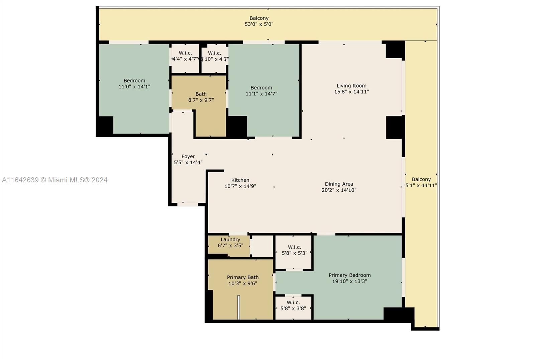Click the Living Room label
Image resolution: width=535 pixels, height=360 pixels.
tap(351, 86)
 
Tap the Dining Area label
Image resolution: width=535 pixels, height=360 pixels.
tap(339, 184)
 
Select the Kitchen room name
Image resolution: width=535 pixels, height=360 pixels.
tap(240, 180)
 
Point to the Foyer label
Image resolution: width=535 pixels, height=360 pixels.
tap(188, 157)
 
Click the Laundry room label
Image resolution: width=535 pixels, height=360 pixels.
tap(230, 239)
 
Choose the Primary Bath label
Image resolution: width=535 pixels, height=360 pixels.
tap(243, 277)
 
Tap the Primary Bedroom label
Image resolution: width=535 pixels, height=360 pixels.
tap(349, 275)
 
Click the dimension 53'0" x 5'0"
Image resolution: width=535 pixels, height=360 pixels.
tap(259, 24)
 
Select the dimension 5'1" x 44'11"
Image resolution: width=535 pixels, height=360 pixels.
tap(421, 185)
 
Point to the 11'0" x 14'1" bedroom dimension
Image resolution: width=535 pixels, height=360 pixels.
tap(134, 87)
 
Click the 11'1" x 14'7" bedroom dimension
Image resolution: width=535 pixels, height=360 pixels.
tap(261, 94)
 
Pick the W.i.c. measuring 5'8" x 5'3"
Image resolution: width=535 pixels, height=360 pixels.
tap(294, 250)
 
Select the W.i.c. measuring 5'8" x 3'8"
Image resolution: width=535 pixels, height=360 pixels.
tap(293, 305)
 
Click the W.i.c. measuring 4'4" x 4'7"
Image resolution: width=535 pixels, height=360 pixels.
tap(185, 56)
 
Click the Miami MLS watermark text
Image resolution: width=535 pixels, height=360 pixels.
tap(55, 180)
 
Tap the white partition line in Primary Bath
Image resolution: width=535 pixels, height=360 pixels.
tap(238, 307)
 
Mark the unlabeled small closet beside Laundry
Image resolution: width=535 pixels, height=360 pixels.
tap(262, 246)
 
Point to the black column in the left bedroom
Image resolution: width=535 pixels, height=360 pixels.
tap(105, 126)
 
